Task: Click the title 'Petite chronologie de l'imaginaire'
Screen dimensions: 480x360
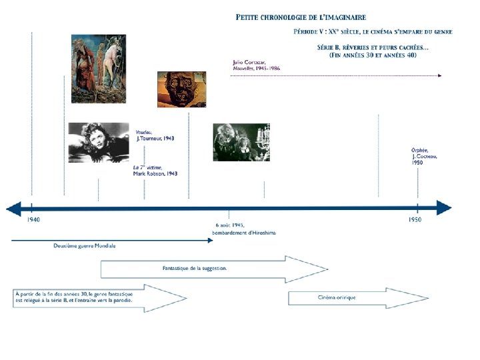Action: tap(301, 17)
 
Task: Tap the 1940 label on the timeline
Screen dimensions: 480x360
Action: tap(33, 219)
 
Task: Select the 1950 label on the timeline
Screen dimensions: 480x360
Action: tap(415, 219)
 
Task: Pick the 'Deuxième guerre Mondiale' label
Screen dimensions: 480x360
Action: tap(85, 246)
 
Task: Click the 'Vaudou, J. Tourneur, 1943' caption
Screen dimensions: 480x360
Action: tap(155, 135)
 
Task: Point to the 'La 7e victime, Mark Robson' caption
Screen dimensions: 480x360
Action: tap(155, 170)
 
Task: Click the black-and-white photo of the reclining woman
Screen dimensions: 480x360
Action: tap(98, 142)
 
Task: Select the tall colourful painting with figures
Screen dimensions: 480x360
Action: tap(98, 69)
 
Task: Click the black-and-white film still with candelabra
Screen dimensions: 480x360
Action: tap(241, 142)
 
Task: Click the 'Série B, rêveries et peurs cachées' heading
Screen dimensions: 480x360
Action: tap(372, 51)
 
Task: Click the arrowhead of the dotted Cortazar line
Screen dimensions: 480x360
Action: tap(439, 76)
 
